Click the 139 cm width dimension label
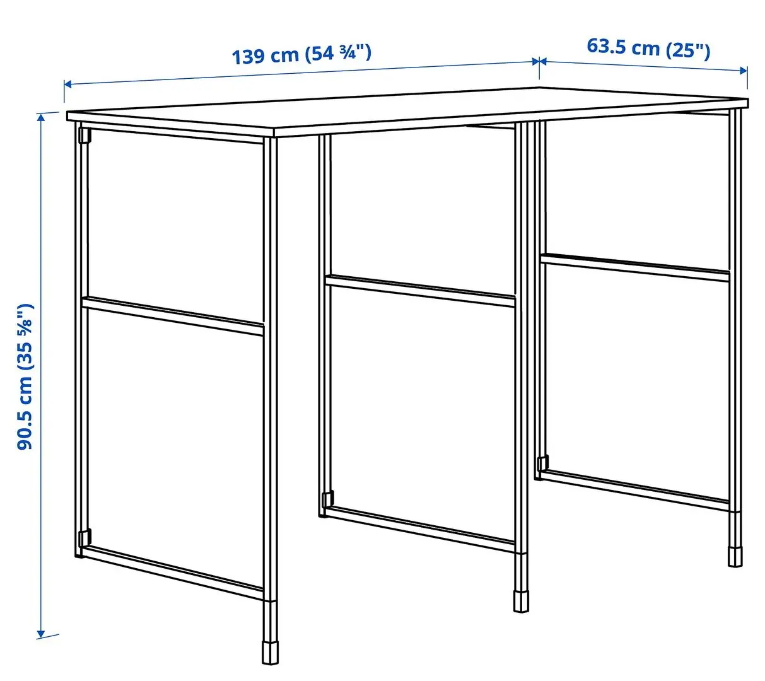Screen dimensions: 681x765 point(301,54)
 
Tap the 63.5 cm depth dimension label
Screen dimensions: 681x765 point(648,48)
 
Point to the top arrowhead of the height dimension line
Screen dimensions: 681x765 point(42,117)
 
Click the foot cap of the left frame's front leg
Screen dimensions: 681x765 point(270,652)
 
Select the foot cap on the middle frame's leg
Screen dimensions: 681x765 point(520,600)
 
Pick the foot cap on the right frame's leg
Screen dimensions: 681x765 point(735,556)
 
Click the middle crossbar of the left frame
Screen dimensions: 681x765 point(173,317)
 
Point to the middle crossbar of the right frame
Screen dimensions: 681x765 point(634,267)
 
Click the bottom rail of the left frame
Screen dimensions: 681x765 point(173,573)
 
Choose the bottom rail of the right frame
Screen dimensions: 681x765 point(636,488)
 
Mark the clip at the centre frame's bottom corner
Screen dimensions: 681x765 point(326,499)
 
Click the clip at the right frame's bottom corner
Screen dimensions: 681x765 point(541,463)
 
